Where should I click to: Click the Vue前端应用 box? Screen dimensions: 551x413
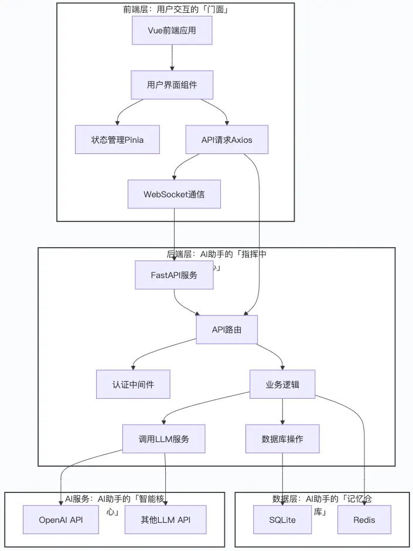[172, 30]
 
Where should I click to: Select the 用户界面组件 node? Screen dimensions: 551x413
[172, 85]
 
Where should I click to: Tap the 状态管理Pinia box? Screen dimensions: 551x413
[117, 139]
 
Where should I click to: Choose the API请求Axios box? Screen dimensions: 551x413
[227, 139]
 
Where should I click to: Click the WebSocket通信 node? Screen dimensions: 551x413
[174, 194]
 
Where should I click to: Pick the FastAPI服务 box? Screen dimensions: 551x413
[174, 275]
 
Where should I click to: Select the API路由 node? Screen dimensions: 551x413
[227, 330]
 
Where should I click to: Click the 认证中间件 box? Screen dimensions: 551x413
[133, 384]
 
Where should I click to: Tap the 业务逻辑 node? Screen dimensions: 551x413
[282, 384]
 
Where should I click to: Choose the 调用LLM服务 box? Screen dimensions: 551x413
[163, 439]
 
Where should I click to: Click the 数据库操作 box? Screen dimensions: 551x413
[282, 439]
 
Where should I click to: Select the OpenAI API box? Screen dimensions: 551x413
[61, 519]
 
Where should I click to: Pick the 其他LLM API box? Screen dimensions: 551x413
[165, 519]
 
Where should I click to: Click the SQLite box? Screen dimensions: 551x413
[282, 519]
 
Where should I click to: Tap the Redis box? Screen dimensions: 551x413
[364, 519]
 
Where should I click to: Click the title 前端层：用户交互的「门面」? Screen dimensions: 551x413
[176, 10]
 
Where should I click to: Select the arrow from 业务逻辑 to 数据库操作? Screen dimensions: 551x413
[282, 412]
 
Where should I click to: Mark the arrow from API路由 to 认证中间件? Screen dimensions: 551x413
[152, 351]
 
